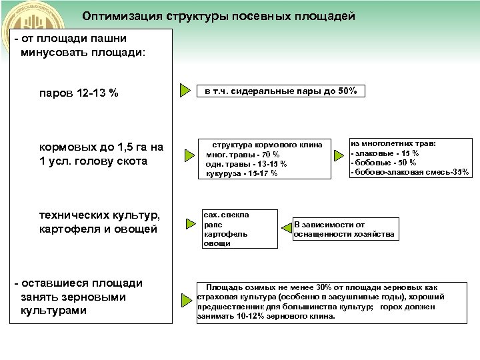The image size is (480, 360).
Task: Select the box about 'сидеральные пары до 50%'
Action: tap(281, 91)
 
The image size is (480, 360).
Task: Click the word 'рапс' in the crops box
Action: tap(213, 225)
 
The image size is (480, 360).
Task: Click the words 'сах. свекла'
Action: tap(227, 215)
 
